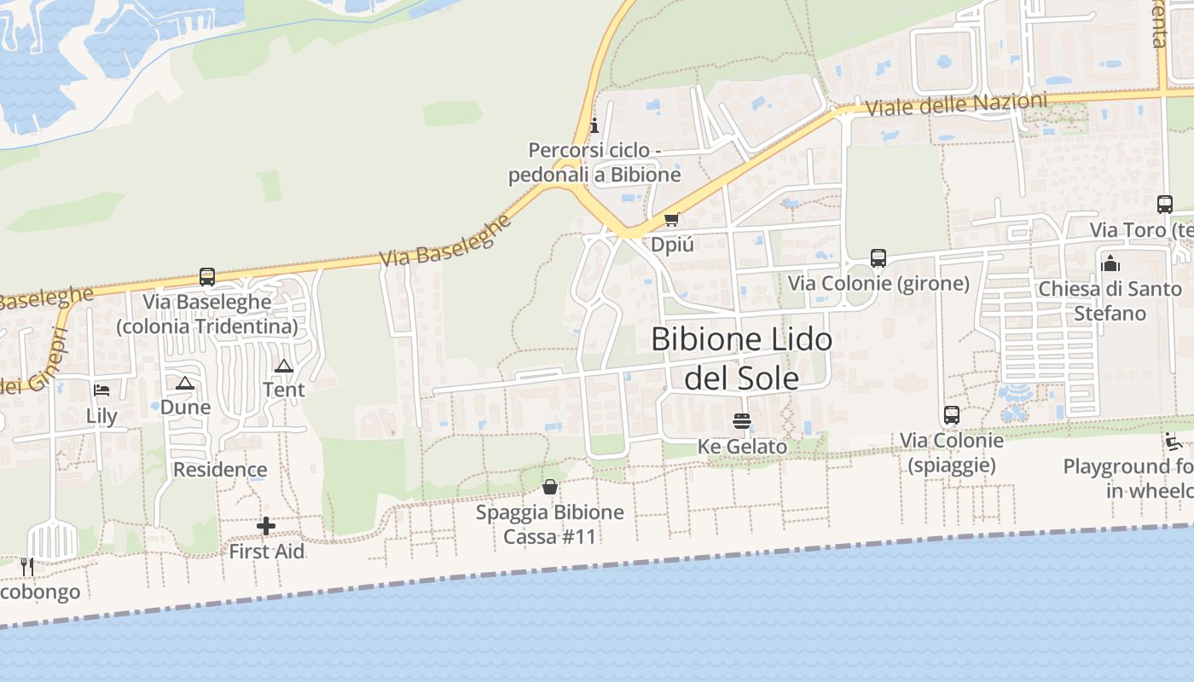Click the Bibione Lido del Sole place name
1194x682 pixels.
click(741, 358)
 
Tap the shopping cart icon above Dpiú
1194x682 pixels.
click(672, 220)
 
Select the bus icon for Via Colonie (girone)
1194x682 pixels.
click(878, 257)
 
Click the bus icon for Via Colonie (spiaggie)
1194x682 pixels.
click(952, 415)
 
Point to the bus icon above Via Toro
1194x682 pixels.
click(1165, 205)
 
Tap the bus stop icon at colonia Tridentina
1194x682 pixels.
click(207, 277)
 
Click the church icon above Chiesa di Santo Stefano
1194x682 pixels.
click(1110, 263)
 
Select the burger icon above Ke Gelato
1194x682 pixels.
click(742, 421)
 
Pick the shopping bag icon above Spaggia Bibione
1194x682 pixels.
click(550, 487)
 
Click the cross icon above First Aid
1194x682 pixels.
click(266, 526)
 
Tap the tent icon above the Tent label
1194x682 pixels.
click(284, 366)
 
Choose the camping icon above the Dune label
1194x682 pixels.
click(185, 383)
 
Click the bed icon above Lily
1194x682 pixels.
click(101, 391)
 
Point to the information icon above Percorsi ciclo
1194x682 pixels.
click(594, 126)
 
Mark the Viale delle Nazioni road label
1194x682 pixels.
click(956, 106)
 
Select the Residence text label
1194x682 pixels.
click(220, 470)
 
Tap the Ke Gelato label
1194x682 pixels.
click(742, 447)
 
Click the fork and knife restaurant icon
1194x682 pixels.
click(27, 567)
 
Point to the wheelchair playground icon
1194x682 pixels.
click(1174, 442)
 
